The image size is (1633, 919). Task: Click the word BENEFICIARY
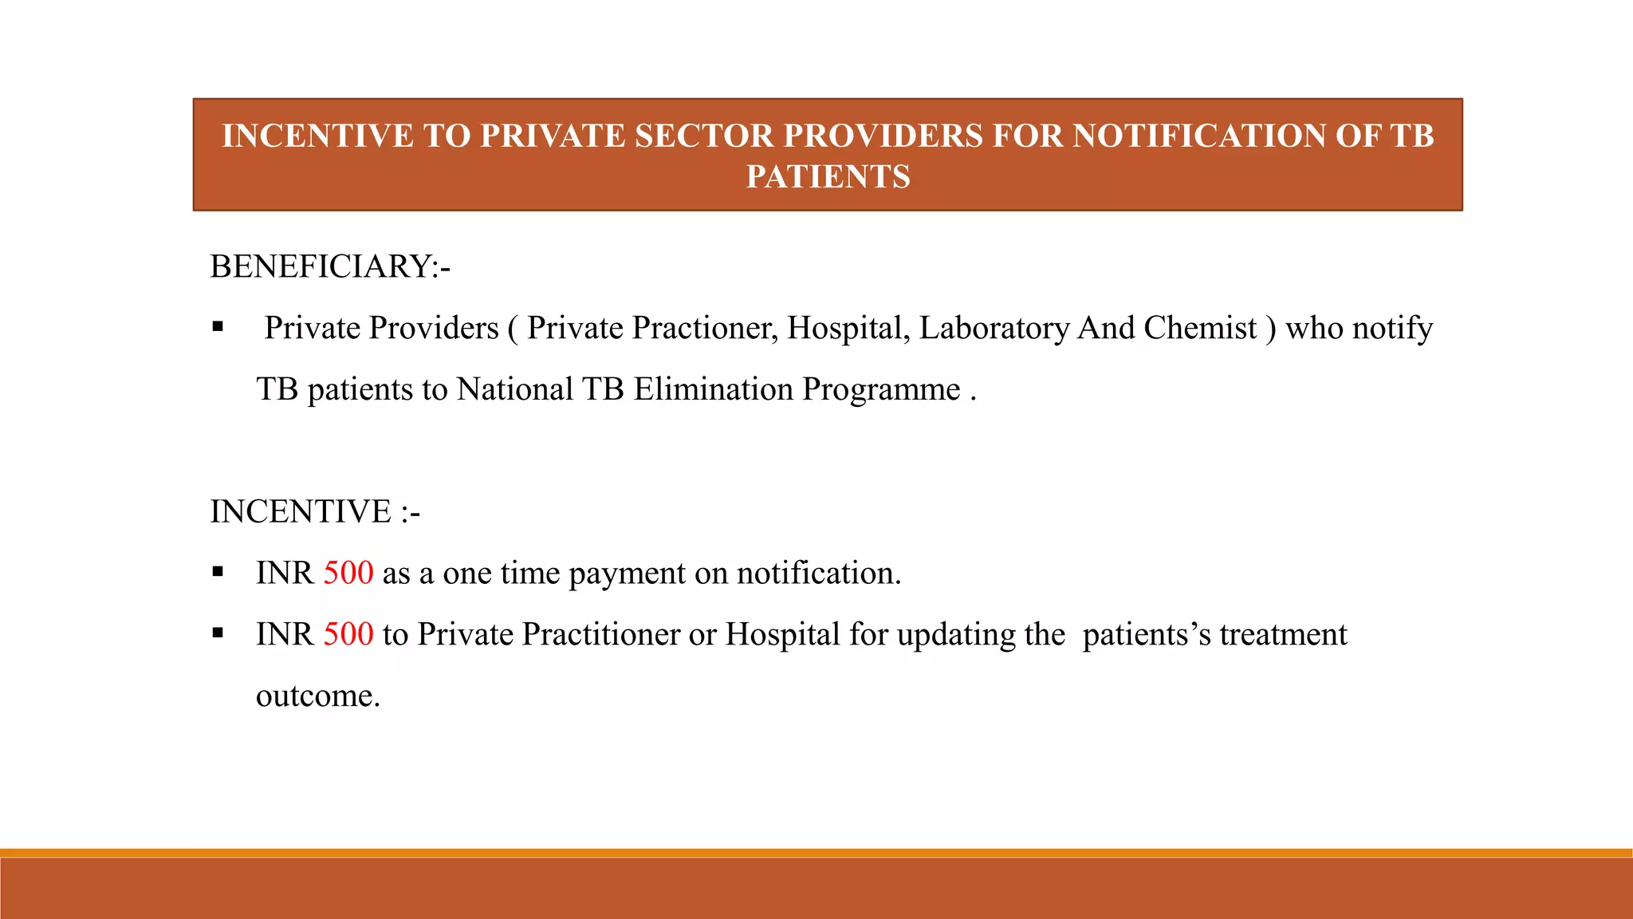point(319,266)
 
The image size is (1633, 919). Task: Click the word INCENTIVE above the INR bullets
point(301,511)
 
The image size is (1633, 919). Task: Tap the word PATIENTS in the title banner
point(828,176)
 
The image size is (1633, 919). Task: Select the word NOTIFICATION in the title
point(1199,136)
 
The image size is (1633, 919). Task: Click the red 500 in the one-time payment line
point(348,573)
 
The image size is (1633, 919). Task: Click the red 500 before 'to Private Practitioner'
point(348,634)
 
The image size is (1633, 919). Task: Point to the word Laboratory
point(994,328)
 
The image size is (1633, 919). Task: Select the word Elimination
point(714,389)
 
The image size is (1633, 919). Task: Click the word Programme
point(881,389)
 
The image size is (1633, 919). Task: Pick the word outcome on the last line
point(317,696)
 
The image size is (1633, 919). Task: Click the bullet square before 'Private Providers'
point(218,327)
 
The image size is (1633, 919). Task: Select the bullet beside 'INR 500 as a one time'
point(218,572)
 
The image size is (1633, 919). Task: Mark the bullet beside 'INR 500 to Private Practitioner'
point(218,633)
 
